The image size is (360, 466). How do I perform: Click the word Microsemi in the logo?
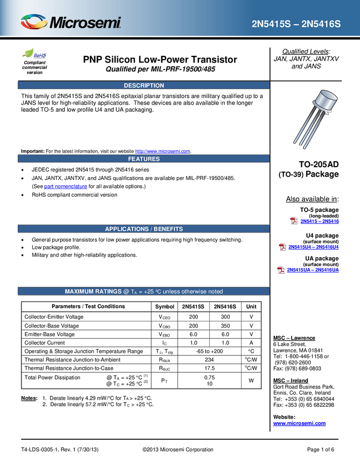coord(85,22)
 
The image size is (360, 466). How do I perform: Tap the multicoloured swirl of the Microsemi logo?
coord(34,22)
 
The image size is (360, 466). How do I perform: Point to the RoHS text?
coord(40,55)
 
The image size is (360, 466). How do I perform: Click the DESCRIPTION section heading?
coord(144,86)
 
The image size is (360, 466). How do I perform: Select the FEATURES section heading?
coord(144,159)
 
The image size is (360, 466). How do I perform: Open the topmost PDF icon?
coord(294,220)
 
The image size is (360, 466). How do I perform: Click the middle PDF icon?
coord(282,247)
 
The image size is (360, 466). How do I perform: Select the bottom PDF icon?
coord(281,270)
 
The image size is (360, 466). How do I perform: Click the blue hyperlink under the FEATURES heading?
coord(65,186)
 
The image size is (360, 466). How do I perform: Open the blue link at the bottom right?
coord(299,423)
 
